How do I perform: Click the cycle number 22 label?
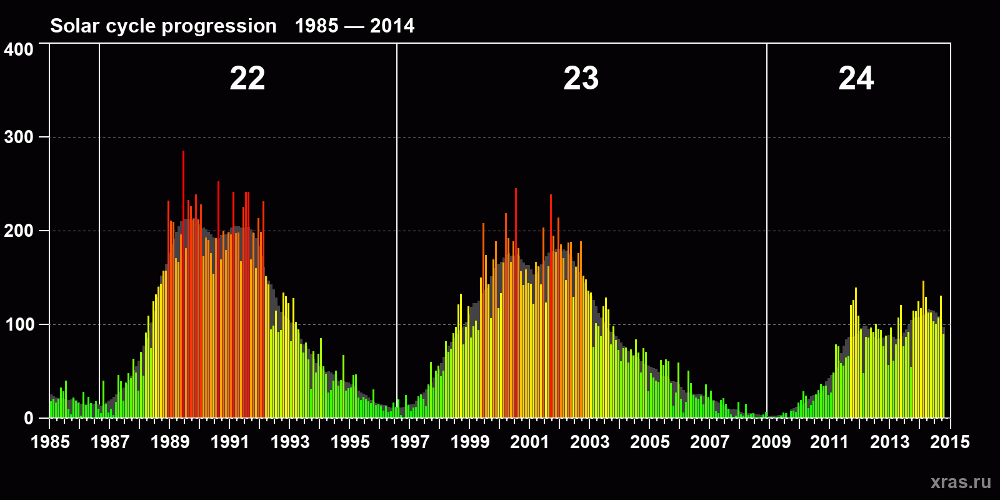247,79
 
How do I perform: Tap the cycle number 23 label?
581,79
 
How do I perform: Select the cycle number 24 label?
856,79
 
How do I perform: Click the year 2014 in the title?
392,26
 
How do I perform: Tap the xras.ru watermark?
961,482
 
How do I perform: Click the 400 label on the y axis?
19,49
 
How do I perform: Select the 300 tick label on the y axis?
19,137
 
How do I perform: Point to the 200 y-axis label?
19,231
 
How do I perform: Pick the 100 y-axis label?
19,324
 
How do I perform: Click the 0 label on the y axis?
28,418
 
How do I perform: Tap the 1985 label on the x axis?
51,442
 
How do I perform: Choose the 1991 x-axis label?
230,442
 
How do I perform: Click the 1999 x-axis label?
470,442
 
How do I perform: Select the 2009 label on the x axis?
771,442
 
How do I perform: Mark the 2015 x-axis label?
950,442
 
